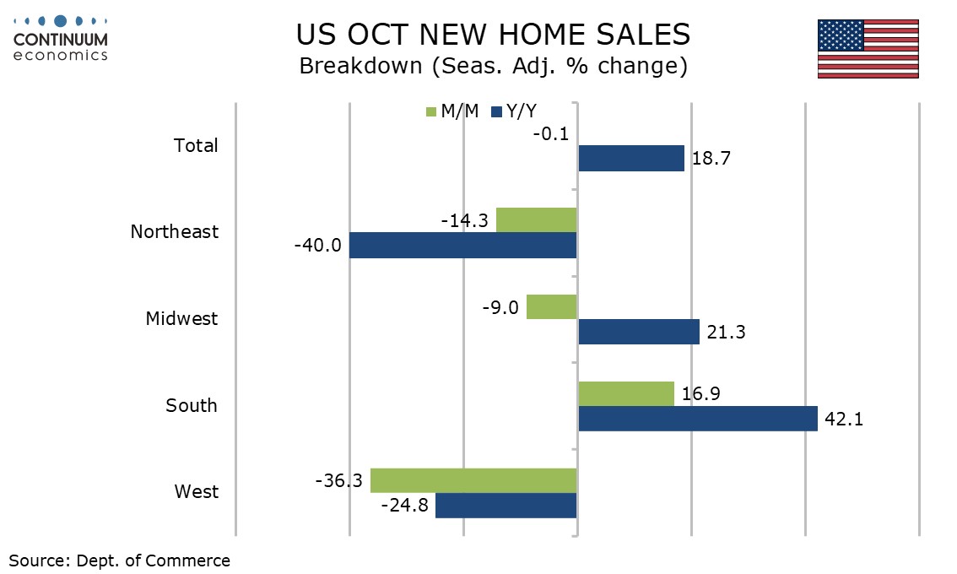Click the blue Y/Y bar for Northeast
pos(462,246)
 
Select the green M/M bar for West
pos(473,480)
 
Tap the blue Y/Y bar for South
pos(698,419)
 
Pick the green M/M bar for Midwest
pos(552,307)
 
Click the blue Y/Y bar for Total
pos(631,158)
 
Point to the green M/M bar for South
pos(626,393)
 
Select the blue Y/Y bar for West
pos(506,506)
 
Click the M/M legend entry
pos(453,111)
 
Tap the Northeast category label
pos(174,231)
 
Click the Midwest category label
pos(181,318)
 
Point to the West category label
pos(196,491)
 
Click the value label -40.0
pos(318,246)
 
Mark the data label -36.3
pos(338,480)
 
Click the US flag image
pos(868,49)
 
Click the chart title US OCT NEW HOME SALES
pos(494,35)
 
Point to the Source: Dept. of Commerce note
pos(119,560)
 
